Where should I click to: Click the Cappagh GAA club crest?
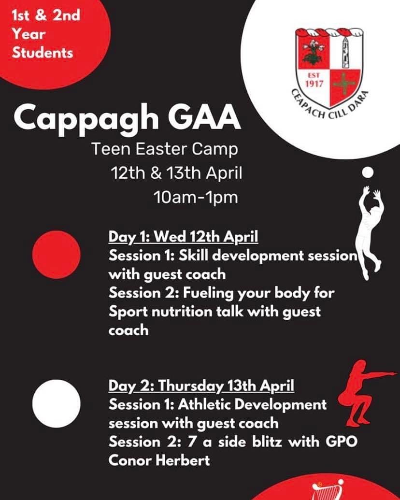329,72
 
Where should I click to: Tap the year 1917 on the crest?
314,84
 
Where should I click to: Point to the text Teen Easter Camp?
165,149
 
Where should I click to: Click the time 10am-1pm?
196,198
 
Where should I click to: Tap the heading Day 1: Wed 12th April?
183,237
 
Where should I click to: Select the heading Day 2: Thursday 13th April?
201,386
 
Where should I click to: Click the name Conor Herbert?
159,460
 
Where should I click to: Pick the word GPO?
342,442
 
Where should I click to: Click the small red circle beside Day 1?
57,255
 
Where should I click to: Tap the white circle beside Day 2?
57,403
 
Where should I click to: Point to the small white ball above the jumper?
368,172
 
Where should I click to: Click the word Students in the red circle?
43,53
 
